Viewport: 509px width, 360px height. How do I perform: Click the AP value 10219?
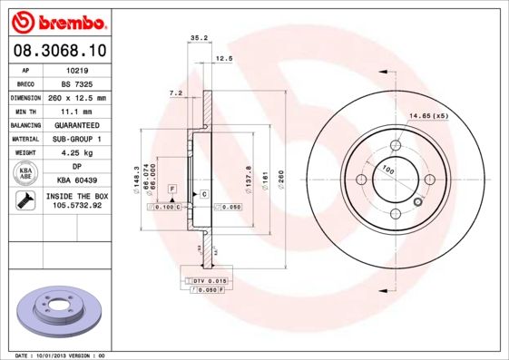pyautogui.click(x=77, y=69)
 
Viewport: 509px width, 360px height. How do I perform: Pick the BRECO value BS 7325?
pyautogui.click(x=77, y=83)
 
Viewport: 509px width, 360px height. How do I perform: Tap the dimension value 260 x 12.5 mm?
pyautogui.click(x=77, y=97)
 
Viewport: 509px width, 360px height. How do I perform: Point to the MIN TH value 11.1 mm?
pyautogui.click(x=77, y=111)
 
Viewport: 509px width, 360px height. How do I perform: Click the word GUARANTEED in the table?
pyautogui.click(x=77, y=124)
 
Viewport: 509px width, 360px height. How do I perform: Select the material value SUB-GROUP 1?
pyautogui.click(x=77, y=139)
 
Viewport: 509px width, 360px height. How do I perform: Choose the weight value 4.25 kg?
pyautogui.click(x=77, y=152)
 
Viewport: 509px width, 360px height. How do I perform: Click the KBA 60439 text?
pyautogui.click(x=77, y=180)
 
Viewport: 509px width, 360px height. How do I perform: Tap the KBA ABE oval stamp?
pyautogui.click(x=26, y=173)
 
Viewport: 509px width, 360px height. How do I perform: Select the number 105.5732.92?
pyautogui.click(x=77, y=206)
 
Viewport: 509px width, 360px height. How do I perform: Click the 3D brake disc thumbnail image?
pyautogui.click(x=56, y=313)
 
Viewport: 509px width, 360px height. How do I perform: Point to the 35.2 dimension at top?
pyautogui.click(x=194, y=38)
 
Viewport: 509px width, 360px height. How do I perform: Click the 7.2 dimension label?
pyautogui.click(x=176, y=93)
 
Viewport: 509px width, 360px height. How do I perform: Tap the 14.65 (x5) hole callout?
pyautogui.click(x=428, y=116)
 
